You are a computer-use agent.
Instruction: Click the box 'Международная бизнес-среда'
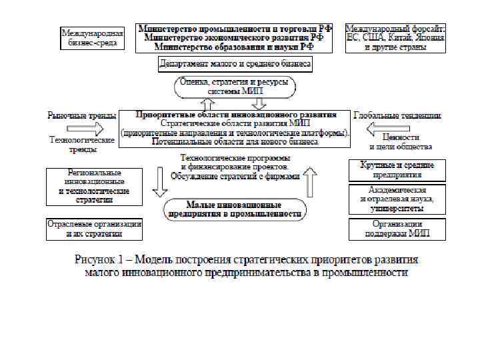[x=92, y=37]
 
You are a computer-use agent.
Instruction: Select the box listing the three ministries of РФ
[x=234, y=38]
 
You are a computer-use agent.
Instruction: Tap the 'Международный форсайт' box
[x=395, y=38]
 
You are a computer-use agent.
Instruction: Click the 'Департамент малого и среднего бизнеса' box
[x=235, y=65]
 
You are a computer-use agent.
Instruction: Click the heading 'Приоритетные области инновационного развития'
[x=235, y=115]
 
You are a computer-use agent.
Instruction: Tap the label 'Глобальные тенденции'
[x=397, y=115]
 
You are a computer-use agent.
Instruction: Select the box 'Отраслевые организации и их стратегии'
[x=93, y=229]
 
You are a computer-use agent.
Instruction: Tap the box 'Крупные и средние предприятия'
[x=397, y=170]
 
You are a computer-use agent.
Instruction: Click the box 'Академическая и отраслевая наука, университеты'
[x=397, y=199]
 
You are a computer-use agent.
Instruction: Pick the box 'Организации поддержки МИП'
[x=397, y=229]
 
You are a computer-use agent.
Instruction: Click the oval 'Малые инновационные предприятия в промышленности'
[x=233, y=209]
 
